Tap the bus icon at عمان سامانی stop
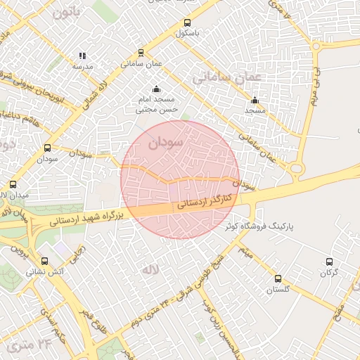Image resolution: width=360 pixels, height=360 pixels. (x=141, y=53)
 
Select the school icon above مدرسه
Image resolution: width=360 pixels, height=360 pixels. (x=82, y=56)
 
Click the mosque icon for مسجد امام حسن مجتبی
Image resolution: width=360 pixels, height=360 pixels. (x=155, y=89)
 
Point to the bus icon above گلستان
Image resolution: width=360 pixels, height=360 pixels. (x=278, y=278)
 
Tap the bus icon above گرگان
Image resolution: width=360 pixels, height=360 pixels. (x=329, y=262)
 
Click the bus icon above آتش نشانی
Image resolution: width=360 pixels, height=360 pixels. (x=45, y=261)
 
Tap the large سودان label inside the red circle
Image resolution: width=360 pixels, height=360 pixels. (x=166, y=143)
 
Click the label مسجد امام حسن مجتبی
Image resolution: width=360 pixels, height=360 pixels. (x=155, y=105)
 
